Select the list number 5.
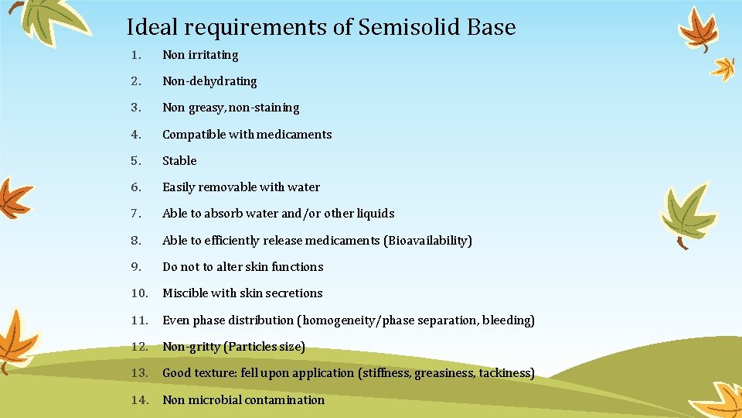(135, 161)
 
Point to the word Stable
(179, 161)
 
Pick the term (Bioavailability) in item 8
(427, 241)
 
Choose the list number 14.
(139, 400)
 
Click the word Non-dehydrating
(209, 81)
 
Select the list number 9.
(135, 267)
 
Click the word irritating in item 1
(213, 55)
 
